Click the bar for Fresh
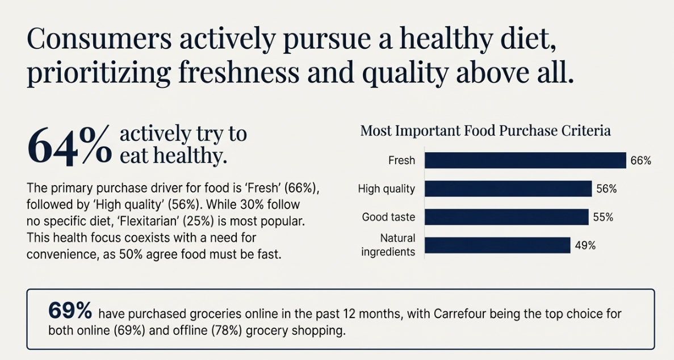(525, 161)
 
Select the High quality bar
(508, 189)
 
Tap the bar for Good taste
(506, 217)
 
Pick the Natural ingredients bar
(497, 245)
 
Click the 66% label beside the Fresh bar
(640, 161)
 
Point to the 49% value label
(585, 245)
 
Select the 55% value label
(602, 217)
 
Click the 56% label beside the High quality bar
(606, 189)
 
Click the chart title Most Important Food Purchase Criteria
(485, 131)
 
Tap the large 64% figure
(69, 146)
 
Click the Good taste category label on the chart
(388, 217)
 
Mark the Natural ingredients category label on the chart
(388, 245)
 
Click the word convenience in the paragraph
(61, 254)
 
